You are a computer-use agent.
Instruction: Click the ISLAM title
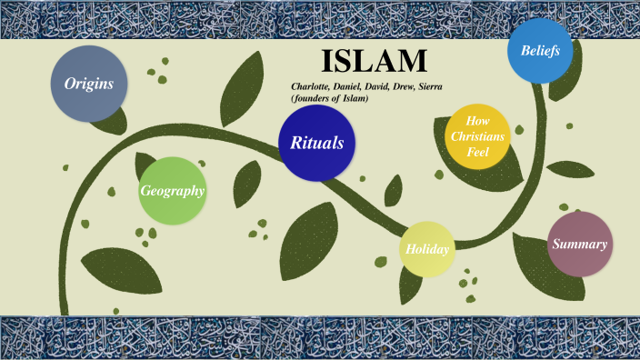(374, 62)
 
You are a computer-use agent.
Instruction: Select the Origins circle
(89, 84)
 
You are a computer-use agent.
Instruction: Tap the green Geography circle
(172, 191)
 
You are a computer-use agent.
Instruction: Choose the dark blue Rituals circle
(316, 143)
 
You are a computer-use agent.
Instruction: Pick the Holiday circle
(427, 248)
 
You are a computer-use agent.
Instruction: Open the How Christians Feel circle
(477, 136)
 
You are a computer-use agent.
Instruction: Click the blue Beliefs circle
(540, 50)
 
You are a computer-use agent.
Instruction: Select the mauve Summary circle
(579, 244)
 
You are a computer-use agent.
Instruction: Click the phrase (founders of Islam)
(329, 97)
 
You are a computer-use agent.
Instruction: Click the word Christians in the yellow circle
(477, 136)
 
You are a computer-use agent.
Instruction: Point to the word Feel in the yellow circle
(477, 152)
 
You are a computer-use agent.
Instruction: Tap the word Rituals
(316, 143)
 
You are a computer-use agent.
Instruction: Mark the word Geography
(172, 191)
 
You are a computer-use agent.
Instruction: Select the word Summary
(579, 244)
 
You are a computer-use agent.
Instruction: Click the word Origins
(89, 84)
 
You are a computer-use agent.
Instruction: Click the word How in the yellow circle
(477, 121)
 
